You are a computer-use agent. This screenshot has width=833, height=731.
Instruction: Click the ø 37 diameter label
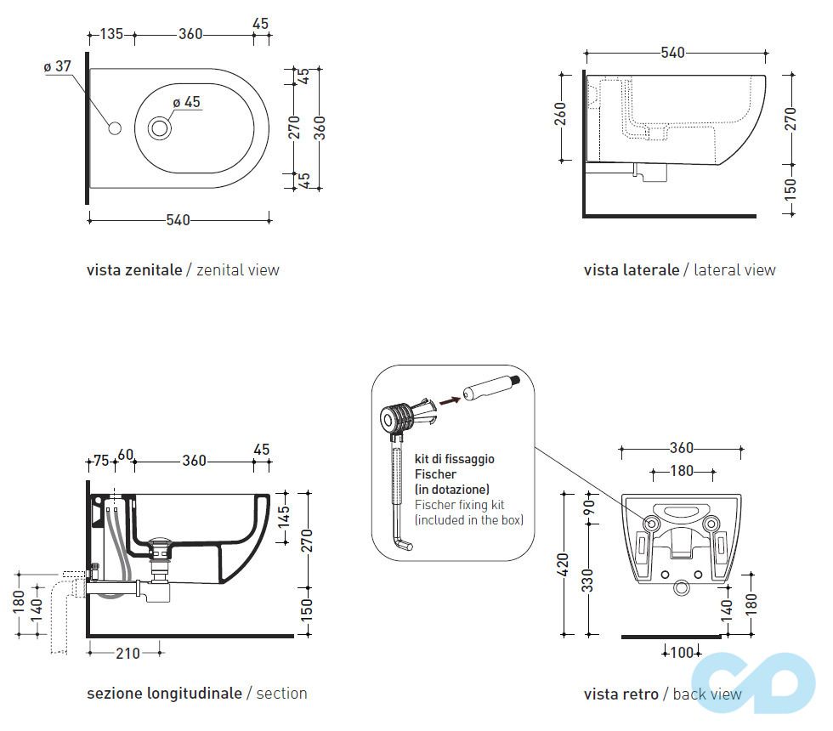click(x=58, y=66)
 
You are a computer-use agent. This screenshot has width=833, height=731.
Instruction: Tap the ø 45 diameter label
click(x=186, y=102)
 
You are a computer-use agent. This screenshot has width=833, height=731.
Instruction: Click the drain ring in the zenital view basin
click(x=160, y=129)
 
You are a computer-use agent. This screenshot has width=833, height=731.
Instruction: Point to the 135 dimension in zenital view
click(x=111, y=34)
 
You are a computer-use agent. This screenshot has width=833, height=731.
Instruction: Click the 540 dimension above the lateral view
click(x=672, y=53)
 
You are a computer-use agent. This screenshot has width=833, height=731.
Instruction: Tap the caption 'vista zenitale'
click(x=134, y=270)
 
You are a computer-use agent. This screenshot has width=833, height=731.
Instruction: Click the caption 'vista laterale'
click(x=631, y=270)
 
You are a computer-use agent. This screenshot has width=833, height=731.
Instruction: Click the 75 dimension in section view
click(x=100, y=461)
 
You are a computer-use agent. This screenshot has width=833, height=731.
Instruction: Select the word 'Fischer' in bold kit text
click(x=435, y=474)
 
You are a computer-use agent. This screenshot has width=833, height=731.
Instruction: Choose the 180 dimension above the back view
click(x=682, y=471)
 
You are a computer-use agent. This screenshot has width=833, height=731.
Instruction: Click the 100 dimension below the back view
click(x=682, y=652)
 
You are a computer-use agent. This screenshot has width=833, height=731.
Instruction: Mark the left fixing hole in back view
click(x=651, y=525)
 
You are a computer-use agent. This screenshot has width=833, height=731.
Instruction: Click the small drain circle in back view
click(x=681, y=586)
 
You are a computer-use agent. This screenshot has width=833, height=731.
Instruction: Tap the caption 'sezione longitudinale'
click(x=164, y=694)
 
